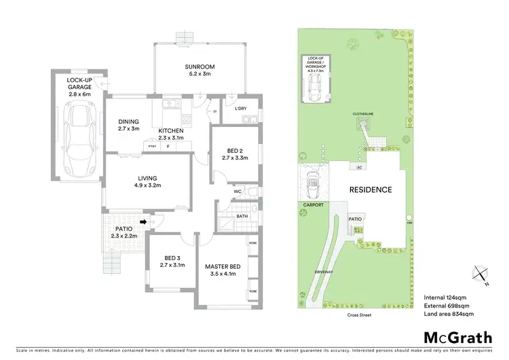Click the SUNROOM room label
point(200,67)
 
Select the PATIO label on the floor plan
point(124,229)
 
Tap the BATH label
point(241,217)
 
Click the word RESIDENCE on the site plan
point(371,190)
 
